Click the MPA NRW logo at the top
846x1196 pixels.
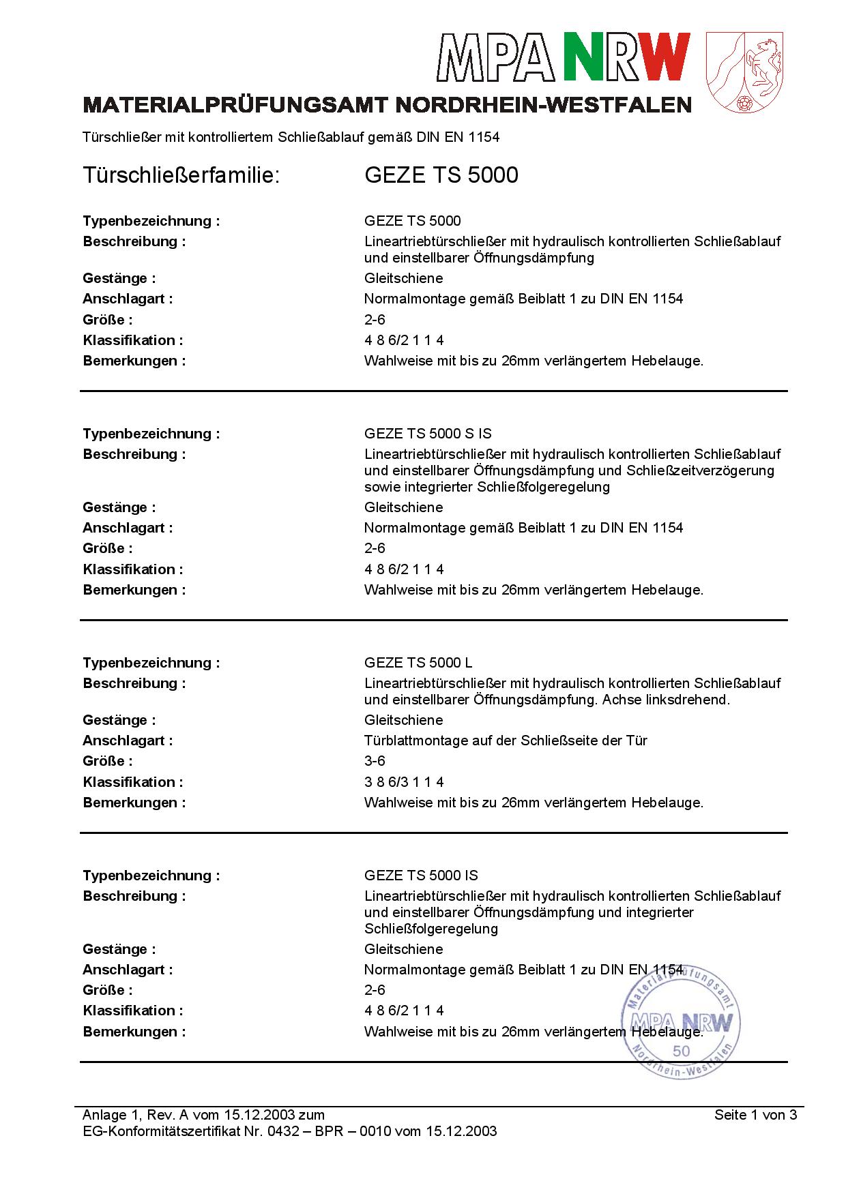564,57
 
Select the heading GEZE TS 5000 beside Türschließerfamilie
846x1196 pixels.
441,175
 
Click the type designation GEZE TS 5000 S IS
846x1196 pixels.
428,434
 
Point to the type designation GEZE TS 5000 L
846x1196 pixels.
418,663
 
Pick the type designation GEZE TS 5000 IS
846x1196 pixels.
421,876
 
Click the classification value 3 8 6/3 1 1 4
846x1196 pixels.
404,782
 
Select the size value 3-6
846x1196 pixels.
375,761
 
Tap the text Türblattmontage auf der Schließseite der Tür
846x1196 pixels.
506,741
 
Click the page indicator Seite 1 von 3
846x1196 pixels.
755,1115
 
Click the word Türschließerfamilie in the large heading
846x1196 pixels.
181,175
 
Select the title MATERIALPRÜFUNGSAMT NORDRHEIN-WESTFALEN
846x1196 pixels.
387,105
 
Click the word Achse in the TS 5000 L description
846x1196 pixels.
622,700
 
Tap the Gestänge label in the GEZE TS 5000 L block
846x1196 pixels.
119,720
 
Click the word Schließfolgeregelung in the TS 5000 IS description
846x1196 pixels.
431,929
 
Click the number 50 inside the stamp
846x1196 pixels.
681,1051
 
